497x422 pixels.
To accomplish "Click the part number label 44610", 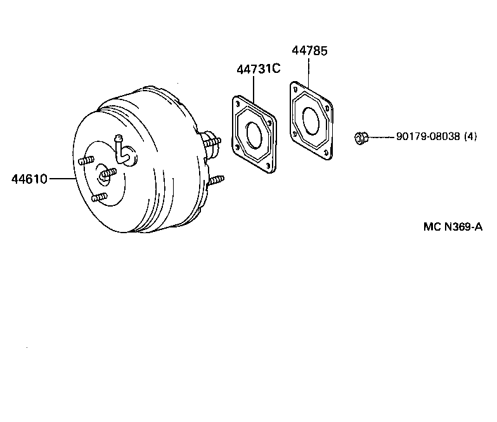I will (x=29, y=179).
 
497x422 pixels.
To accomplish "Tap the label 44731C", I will (x=258, y=68).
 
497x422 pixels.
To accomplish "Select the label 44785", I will (x=309, y=51).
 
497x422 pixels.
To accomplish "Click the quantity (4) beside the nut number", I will (x=470, y=136).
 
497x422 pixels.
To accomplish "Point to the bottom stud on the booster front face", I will (x=98, y=198).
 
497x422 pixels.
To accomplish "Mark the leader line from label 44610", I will (x=61, y=179).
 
